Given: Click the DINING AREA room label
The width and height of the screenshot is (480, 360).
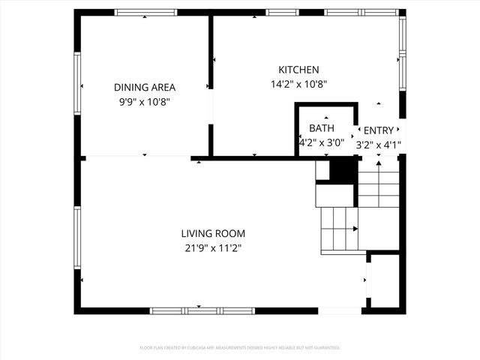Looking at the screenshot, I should click(x=145, y=87).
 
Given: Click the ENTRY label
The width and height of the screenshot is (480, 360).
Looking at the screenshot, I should click(x=378, y=130).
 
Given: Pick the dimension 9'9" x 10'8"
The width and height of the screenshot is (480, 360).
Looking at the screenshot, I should click(x=145, y=102).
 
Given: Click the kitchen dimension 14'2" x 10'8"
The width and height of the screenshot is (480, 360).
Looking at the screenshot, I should click(x=299, y=85).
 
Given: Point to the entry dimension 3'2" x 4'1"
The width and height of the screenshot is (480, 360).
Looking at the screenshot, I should click(x=379, y=145).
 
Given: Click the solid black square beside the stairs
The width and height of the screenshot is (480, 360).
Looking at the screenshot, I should click(x=343, y=170).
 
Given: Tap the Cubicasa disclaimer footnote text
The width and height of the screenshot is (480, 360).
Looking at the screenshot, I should click(x=240, y=348).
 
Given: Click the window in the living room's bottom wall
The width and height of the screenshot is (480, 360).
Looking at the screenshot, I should click(x=202, y=310).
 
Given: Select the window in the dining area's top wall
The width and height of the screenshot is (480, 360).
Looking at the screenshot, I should click(x=145, y=12).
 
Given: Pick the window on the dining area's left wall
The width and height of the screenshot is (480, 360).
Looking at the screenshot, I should click(x=77, y=82).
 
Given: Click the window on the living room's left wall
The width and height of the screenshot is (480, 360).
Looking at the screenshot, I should click(x=77, y=237).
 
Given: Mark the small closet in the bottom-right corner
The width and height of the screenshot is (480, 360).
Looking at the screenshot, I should click(x=385, y=280).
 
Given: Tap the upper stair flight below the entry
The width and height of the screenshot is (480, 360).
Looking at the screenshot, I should click(x=379, y=187).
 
